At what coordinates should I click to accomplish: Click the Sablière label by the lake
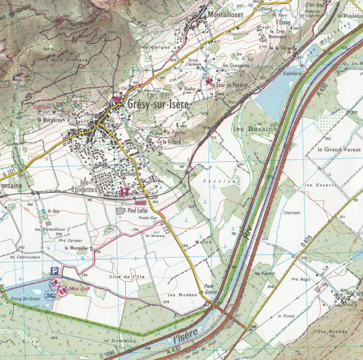(292, 74)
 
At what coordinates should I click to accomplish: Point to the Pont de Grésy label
(210, 290)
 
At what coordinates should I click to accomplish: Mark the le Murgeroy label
(49, 120)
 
